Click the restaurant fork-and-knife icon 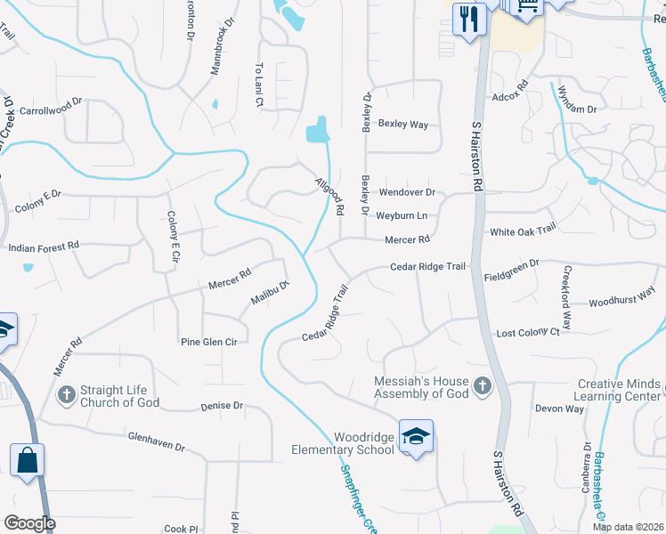tap(469, 18)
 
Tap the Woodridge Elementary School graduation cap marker tap(416, 436)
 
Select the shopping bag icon tap(27, 461)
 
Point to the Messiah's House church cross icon tap(482, 385)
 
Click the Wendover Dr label tap(406, 192)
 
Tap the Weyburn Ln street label tap(402, 215)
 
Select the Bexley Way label tap(403, 124)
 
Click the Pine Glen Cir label tap(209, 342)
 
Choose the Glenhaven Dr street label tap(155, 442)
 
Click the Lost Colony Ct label tap(528, 332)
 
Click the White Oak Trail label tap(523, 230)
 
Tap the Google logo tap(29, 522)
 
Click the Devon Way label tap(559, 409)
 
